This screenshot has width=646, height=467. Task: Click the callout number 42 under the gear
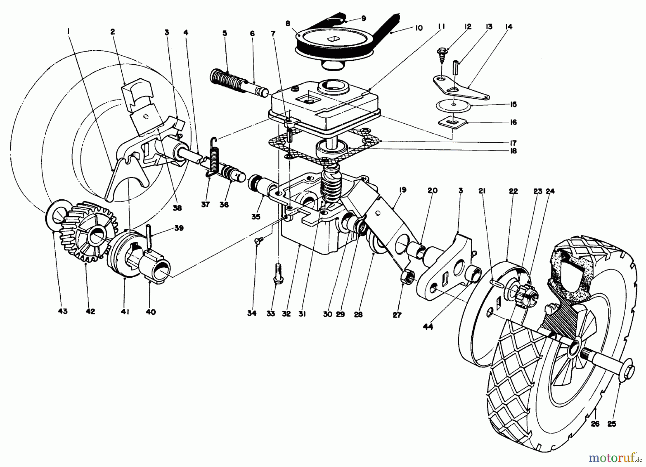click(x=90, y=312)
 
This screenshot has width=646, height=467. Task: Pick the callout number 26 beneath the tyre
click(x=595, y=424)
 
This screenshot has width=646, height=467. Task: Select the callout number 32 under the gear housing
click(x=286, y=314)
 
